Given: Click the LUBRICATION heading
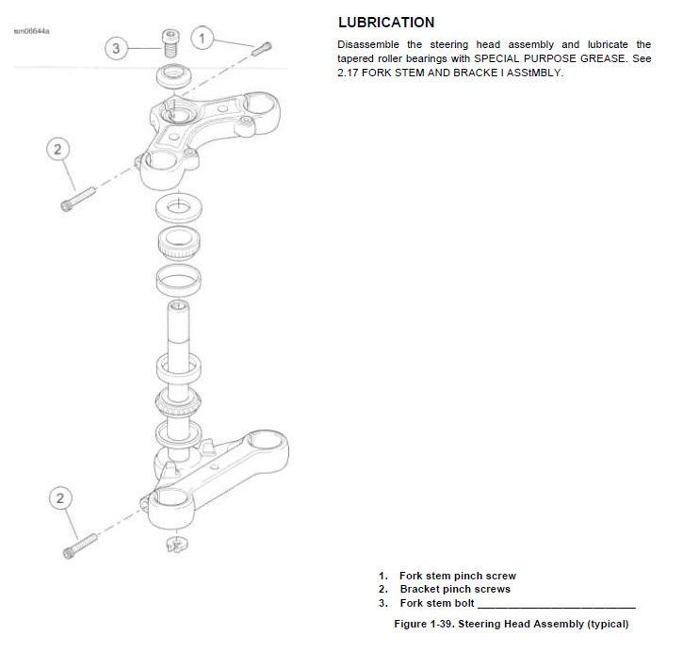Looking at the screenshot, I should coord(385,23).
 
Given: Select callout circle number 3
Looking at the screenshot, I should coord(116,48).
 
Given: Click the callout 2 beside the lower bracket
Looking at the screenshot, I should coord(61,498).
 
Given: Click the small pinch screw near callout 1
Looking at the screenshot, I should coord(261,46).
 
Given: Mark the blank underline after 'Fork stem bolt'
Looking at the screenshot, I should coord(556,605).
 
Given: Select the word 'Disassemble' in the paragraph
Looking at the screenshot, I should coord(368,44).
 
